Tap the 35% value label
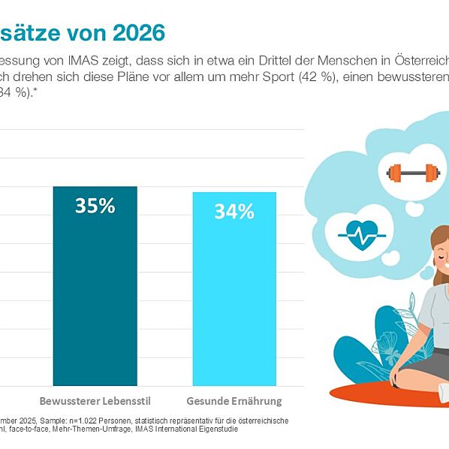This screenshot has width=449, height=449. click(x=95, y=206)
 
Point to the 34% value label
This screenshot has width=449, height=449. click(x=234, y=212)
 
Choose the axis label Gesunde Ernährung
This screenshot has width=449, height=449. click(x=234, y=399)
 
